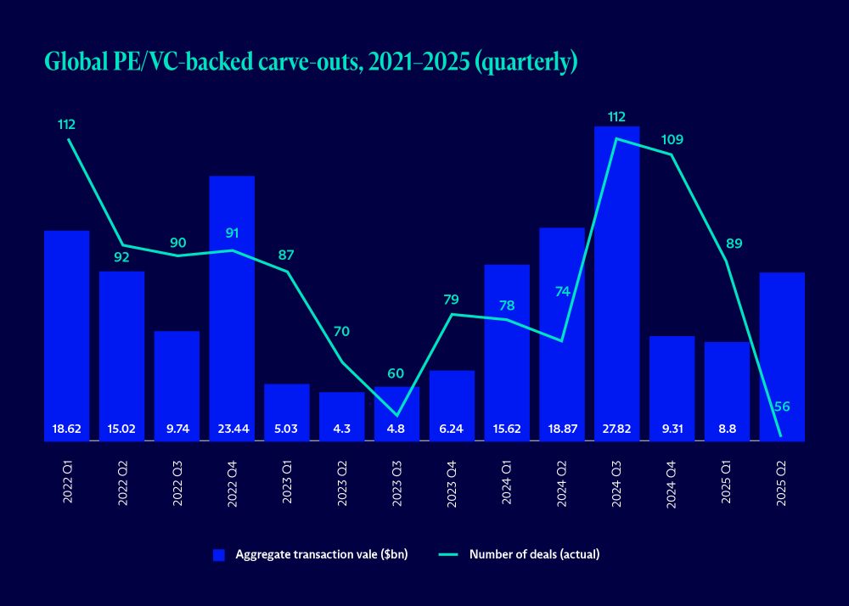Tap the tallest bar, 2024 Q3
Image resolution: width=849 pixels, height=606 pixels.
(616, 280)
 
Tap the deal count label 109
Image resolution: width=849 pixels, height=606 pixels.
(672, 139)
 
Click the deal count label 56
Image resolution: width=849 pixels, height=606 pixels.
(782, 407)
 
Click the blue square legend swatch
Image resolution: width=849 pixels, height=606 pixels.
(219, 555)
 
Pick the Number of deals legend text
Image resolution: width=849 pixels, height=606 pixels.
(535, 555)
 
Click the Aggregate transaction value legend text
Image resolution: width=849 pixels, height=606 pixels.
(322, 555)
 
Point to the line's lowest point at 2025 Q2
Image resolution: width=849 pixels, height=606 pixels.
(781, 437)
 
